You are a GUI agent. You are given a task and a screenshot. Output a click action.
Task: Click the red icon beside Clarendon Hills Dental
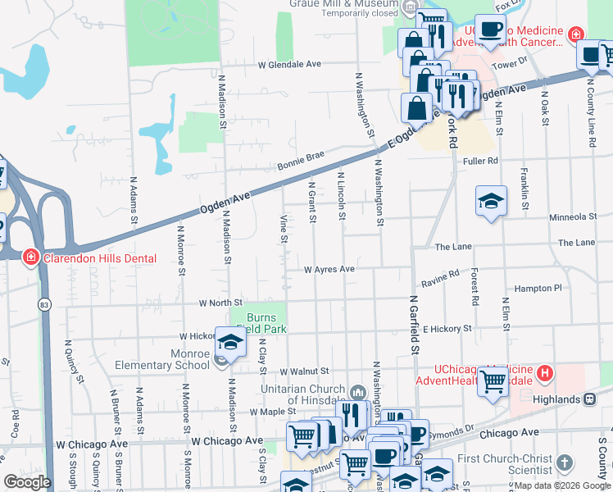click(31, 257)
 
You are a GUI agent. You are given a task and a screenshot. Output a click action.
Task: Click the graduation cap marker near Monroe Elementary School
click(230, 344)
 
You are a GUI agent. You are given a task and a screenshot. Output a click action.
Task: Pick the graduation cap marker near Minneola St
click(491, 203)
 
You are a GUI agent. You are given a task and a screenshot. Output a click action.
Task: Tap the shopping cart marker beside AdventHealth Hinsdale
click(493, 381)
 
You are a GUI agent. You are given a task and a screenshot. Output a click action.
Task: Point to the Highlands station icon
click(588, 399)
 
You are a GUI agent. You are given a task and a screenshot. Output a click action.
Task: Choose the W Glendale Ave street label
click(289, 64)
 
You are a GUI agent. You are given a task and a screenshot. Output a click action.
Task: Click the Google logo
click(28, 482)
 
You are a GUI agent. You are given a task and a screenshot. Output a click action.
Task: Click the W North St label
click(220, 303)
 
